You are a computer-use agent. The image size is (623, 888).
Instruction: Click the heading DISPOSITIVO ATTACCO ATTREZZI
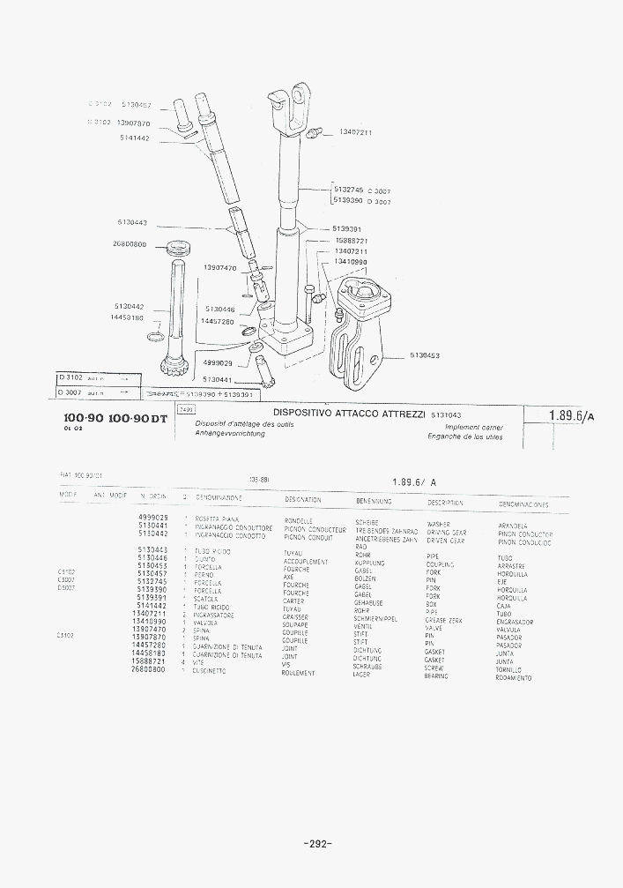click(x=349, y=413)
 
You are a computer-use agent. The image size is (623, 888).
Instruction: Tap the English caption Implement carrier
click(x=474, y=426)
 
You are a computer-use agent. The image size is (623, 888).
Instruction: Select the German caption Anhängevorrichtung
click(x=232, y=433)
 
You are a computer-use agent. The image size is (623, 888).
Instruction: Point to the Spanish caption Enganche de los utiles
click(x=465, y=436)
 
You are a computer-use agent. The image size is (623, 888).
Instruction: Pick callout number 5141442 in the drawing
click(x=135, y=138)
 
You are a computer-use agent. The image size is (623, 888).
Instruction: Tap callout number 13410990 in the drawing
click(x=352, y=261)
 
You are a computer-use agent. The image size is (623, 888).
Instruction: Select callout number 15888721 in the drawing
click(x=352, y=241)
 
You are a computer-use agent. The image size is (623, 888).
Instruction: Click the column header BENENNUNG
click(x=374, y=500)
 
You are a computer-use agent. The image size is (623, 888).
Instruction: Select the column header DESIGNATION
click(x=302, y=500)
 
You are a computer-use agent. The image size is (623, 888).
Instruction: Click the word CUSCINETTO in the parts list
click(x=210, y=671)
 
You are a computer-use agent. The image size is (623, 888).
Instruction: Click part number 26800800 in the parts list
click(x=148, y=669)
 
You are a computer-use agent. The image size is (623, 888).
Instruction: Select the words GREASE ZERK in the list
click(x=443, y=621)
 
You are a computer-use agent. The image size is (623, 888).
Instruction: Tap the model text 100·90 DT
click(x=137, y=418)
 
